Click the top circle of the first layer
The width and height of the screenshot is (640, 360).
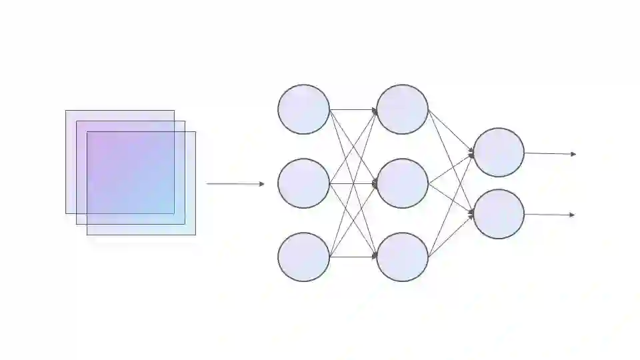coord(303,109)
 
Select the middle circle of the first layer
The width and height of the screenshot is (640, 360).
coord(303,183)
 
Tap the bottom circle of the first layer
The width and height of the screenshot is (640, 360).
coord(303,257)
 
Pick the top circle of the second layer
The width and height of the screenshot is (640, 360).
coord(402,109)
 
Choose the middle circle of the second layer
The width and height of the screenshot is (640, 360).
coord(402,183)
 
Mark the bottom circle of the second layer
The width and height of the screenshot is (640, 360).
coord(402,257)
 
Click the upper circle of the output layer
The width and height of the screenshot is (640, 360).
coord(499,153)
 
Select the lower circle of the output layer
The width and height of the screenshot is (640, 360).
coord(499,214)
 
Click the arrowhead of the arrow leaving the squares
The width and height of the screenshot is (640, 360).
coord(262,183)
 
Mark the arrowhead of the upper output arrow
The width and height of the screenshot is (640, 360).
coord(573,154)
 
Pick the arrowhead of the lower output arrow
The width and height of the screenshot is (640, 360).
coord(573,215)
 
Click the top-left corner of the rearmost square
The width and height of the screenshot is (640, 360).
coord(66,111)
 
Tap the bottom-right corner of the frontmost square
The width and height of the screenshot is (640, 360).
coord(195,235)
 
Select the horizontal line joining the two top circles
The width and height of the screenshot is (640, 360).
coord(353,109)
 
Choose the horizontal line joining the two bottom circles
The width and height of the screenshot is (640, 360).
coord(353,257)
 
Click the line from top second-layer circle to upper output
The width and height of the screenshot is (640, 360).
coord(451,132)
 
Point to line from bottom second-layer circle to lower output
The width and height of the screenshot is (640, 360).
coord(451,235)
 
